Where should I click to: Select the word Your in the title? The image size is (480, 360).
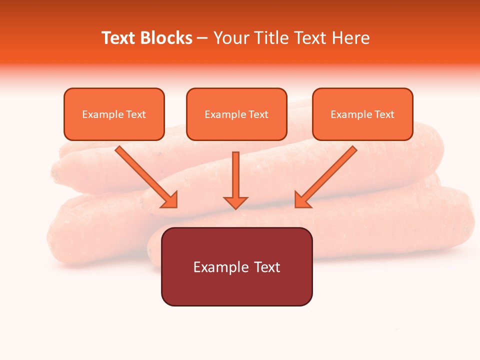[x=230, y=38]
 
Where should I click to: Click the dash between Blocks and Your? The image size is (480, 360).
[x=202, y=38]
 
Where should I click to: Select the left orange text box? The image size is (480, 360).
[x=114, y=114]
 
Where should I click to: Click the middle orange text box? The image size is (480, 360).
[x=236, y=114]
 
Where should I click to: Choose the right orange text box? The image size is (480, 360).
[x=362, y=114]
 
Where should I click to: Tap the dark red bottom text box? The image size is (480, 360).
[x=236, y=266]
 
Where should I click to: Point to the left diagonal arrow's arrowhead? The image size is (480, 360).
[x=170, y=200]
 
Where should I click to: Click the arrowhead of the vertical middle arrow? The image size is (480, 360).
[x=235, y=202]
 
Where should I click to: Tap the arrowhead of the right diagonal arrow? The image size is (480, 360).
[x=302, y=200]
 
